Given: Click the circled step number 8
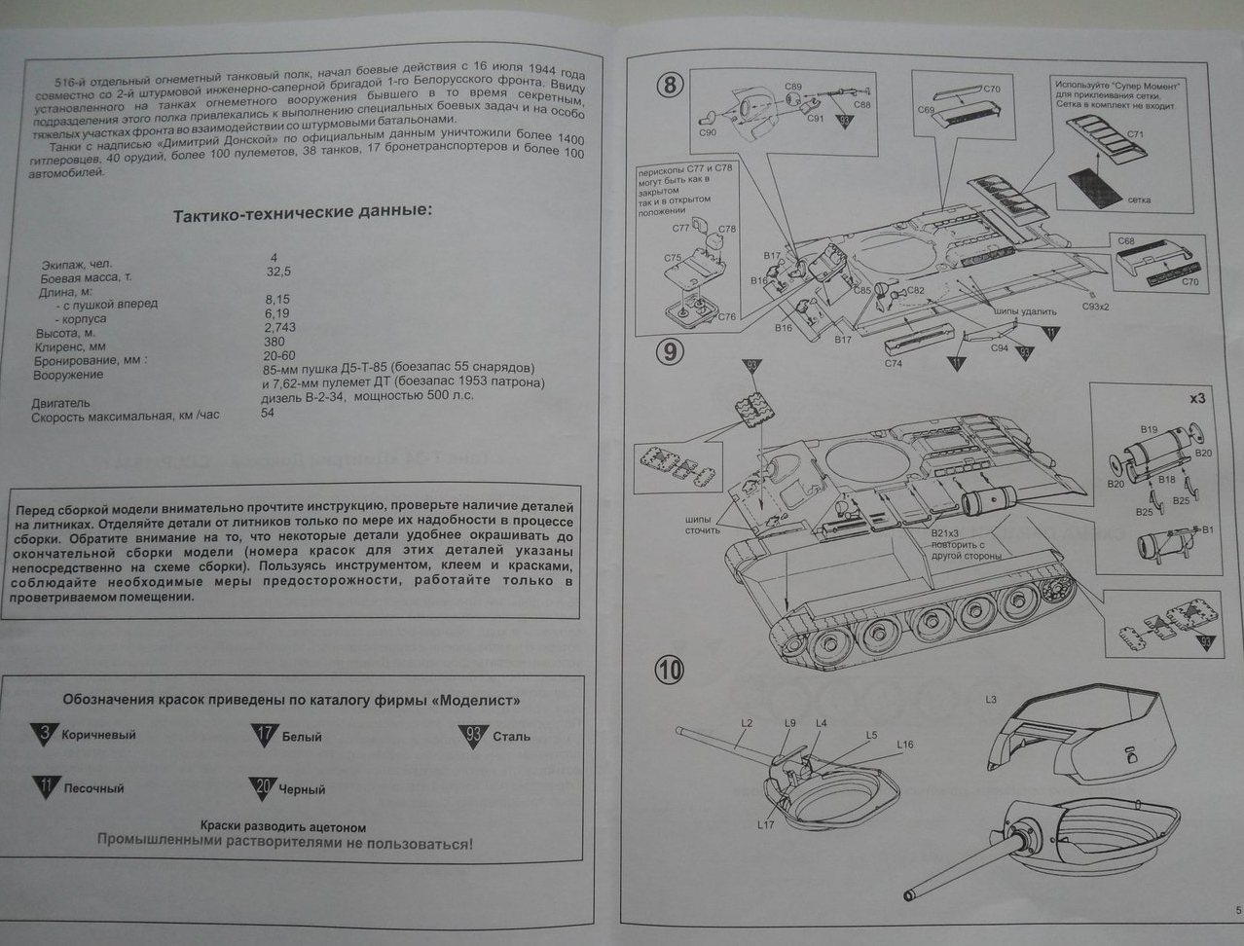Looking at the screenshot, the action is tap(670, 85).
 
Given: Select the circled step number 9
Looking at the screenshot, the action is tap(670, 351).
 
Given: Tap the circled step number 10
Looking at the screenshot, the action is tap(670, 670).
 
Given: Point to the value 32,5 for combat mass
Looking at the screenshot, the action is tap(278, 273).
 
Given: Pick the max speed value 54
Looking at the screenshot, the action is tap(268, 413).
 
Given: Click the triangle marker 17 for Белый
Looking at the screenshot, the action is tap(264, 735).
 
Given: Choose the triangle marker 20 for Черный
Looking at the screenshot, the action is tap(262, 787).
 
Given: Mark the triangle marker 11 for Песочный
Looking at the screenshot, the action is tap(45, 786).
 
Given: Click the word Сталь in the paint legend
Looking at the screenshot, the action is tap(512, 736).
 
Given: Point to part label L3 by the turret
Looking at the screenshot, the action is tap(991, 699).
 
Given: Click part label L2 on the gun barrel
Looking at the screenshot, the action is tap(747, 722).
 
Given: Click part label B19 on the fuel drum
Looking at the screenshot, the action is tap(1148, 429).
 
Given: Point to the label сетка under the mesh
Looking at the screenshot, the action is tap(1139, 200).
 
